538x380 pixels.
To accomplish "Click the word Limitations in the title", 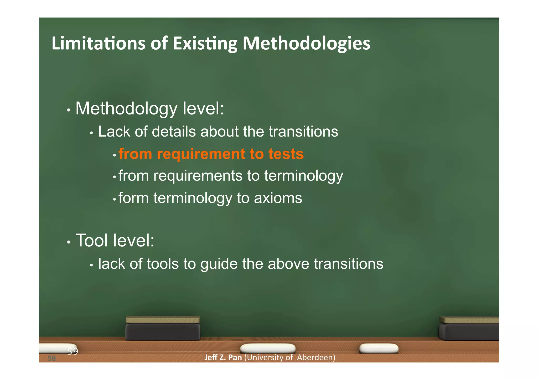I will click(x=98, y=43).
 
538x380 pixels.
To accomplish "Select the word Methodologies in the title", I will click(x=306, y=43).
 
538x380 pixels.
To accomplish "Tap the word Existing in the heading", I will click(x=205, y=43).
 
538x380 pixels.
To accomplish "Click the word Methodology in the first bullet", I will click(x=126, y=108).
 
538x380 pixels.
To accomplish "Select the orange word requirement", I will click(x=201, y=154).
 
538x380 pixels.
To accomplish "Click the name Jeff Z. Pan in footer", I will click(x=223, y=357).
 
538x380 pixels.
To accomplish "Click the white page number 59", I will click(x=73, y=351).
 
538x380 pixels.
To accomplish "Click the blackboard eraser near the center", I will click(x=163, y=329).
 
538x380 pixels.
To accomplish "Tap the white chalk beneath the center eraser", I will click(x=268, y=348).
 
